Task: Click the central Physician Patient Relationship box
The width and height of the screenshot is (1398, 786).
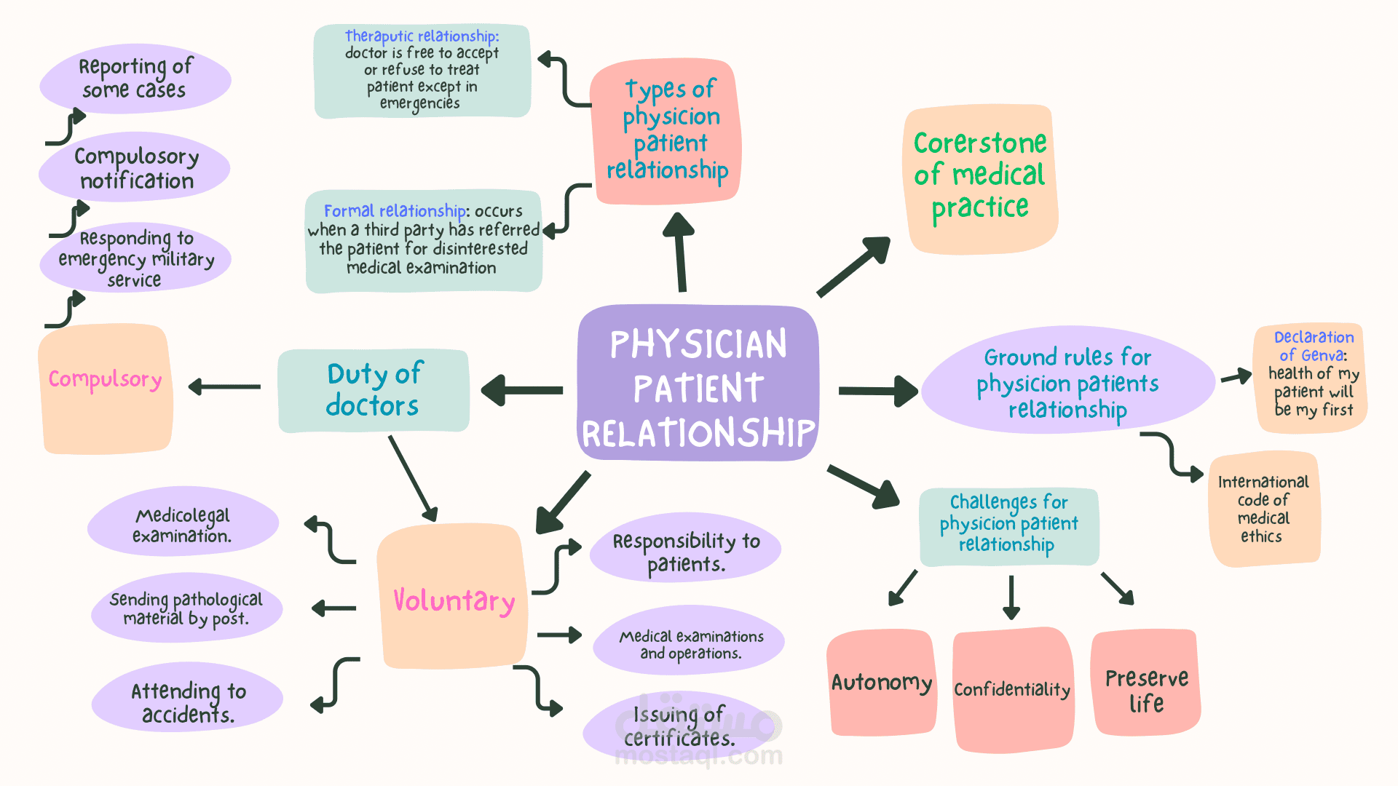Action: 698,383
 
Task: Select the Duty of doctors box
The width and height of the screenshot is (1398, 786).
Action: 374,391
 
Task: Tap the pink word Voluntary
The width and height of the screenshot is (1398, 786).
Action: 454,601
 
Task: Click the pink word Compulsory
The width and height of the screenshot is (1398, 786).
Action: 105,379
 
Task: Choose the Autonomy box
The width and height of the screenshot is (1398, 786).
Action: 882,683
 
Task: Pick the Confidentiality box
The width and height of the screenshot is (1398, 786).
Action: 1013,689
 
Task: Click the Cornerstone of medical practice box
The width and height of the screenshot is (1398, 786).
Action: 980,180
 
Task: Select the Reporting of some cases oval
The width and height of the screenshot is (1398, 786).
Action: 135,79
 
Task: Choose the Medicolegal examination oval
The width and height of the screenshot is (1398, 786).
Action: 183,523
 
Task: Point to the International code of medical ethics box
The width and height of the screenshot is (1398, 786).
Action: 1264,509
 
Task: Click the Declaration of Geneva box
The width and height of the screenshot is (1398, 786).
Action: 1311,378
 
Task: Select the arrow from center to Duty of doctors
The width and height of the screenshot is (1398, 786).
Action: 522,391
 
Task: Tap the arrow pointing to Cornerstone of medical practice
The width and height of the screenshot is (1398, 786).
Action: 854,266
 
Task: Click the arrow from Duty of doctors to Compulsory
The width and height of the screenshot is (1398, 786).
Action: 224,386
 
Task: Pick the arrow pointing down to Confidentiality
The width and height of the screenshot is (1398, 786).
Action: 1011,598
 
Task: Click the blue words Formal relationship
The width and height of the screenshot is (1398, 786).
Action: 395,211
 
